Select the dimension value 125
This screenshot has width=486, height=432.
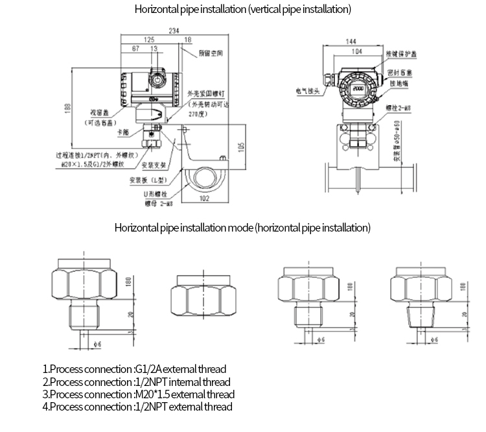click(x=149, y=40)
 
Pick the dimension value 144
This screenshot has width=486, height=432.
click(x=354, y=41)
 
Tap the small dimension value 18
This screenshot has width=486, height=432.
click(x=187, y=40)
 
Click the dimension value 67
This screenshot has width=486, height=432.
click(x=135, y=49)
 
